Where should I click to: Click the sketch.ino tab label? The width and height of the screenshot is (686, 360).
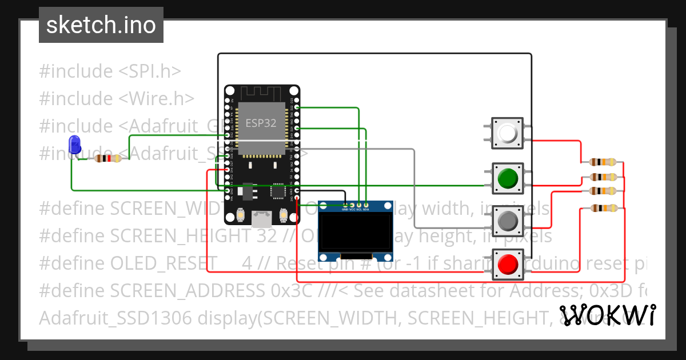pyautogui.click(x=101, y=25)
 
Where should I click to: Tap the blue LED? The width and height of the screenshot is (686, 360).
pyautogui.click(x=74, y=145)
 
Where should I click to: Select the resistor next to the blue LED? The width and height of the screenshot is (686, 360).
pyautogui.click(x=107, y=158)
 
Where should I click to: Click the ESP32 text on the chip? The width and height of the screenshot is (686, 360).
pyautogui.click(x=261, y=123)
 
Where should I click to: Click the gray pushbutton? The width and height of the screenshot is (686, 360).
pyautogui.click(x=507, y=220)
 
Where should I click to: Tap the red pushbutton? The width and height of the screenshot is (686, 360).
pyautogui.click(x=507, y=264)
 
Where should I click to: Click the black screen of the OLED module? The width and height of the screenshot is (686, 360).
pyautogui.click(x=354, y=231)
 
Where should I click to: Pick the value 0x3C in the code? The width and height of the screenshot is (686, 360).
pyautogui.click(x=292, y=291)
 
